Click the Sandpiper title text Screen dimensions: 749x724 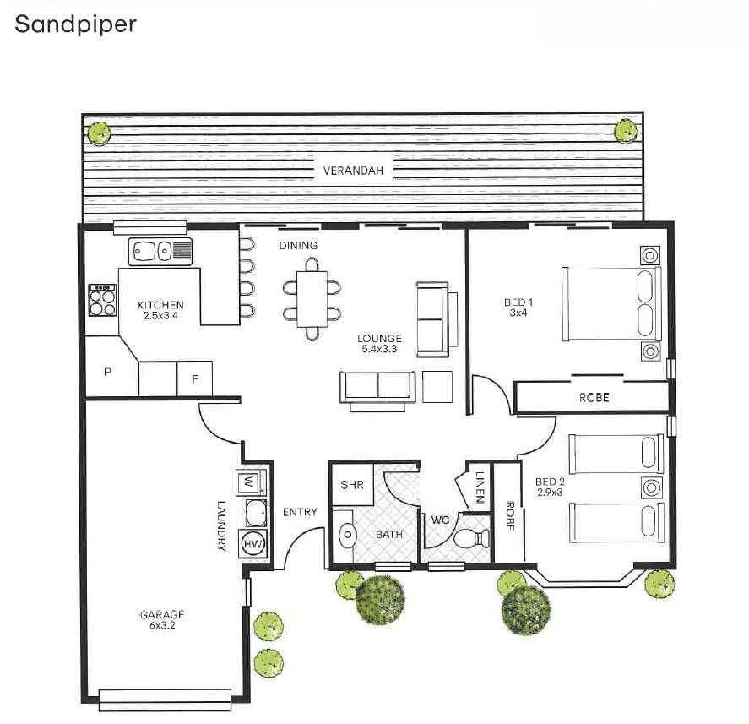tap(75, 24)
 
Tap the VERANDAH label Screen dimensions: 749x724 tap(353, 171)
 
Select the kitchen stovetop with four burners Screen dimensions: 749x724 tap(102, 300)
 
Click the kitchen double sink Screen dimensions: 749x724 tap(160, 251)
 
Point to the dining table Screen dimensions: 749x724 tap(312, 299)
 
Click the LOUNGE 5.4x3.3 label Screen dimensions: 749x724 tap(379, 344)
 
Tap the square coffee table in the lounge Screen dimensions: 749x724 tap(437, 387)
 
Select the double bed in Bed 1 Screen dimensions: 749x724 tap(612, 304)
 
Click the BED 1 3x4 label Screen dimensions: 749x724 tap(518, 308)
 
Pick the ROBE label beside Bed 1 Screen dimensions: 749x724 tap(594, 398)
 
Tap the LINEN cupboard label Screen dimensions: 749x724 tap(480, 487)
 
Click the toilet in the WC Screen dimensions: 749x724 tap(471, 539)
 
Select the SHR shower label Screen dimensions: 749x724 tap(352, 485)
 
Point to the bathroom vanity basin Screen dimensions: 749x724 tap(347, 535)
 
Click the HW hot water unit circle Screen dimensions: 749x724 tap(253, 544)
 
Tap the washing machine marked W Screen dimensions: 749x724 tap(249, 482)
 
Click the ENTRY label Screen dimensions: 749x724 tap(300, 512)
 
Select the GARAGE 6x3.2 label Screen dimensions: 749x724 tap(162, 620)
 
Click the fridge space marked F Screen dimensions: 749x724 tap(195, 379)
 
